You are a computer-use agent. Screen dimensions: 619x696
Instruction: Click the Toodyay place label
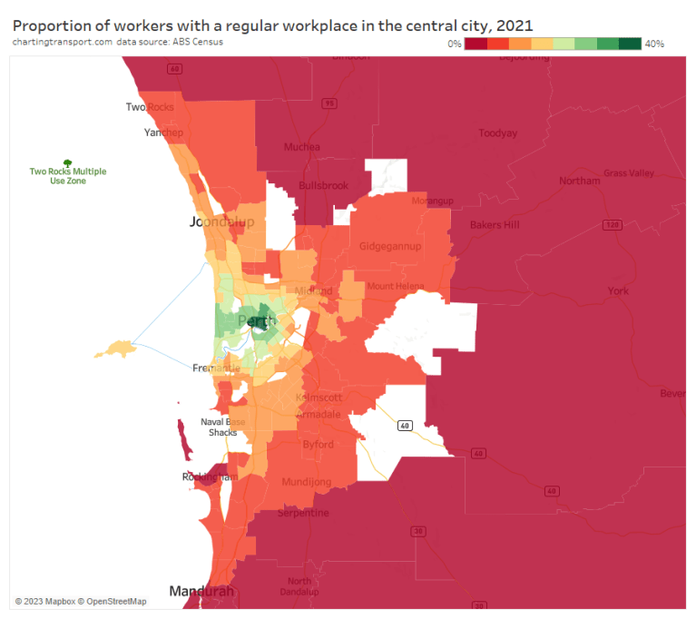497,133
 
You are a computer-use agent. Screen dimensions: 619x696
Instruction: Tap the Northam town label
579,181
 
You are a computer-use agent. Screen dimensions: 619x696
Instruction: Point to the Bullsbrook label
323,186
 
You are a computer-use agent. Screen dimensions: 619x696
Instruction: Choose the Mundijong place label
307,482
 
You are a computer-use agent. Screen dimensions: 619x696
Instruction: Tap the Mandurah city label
201,591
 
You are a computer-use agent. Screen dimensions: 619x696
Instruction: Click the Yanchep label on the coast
163,133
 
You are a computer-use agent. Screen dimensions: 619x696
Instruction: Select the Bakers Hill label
495,224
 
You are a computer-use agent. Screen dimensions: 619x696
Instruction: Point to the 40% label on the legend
654,44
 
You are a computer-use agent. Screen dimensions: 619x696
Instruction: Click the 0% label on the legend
454,44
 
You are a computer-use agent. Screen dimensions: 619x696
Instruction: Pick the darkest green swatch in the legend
631,44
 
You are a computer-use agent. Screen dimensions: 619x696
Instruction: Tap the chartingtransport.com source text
63,42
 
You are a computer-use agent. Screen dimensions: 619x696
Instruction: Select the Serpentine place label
304,513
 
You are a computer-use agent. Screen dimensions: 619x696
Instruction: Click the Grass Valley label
628,172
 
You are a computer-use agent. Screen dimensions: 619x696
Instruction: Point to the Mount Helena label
395,287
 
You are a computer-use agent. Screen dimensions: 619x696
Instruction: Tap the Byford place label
319,445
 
